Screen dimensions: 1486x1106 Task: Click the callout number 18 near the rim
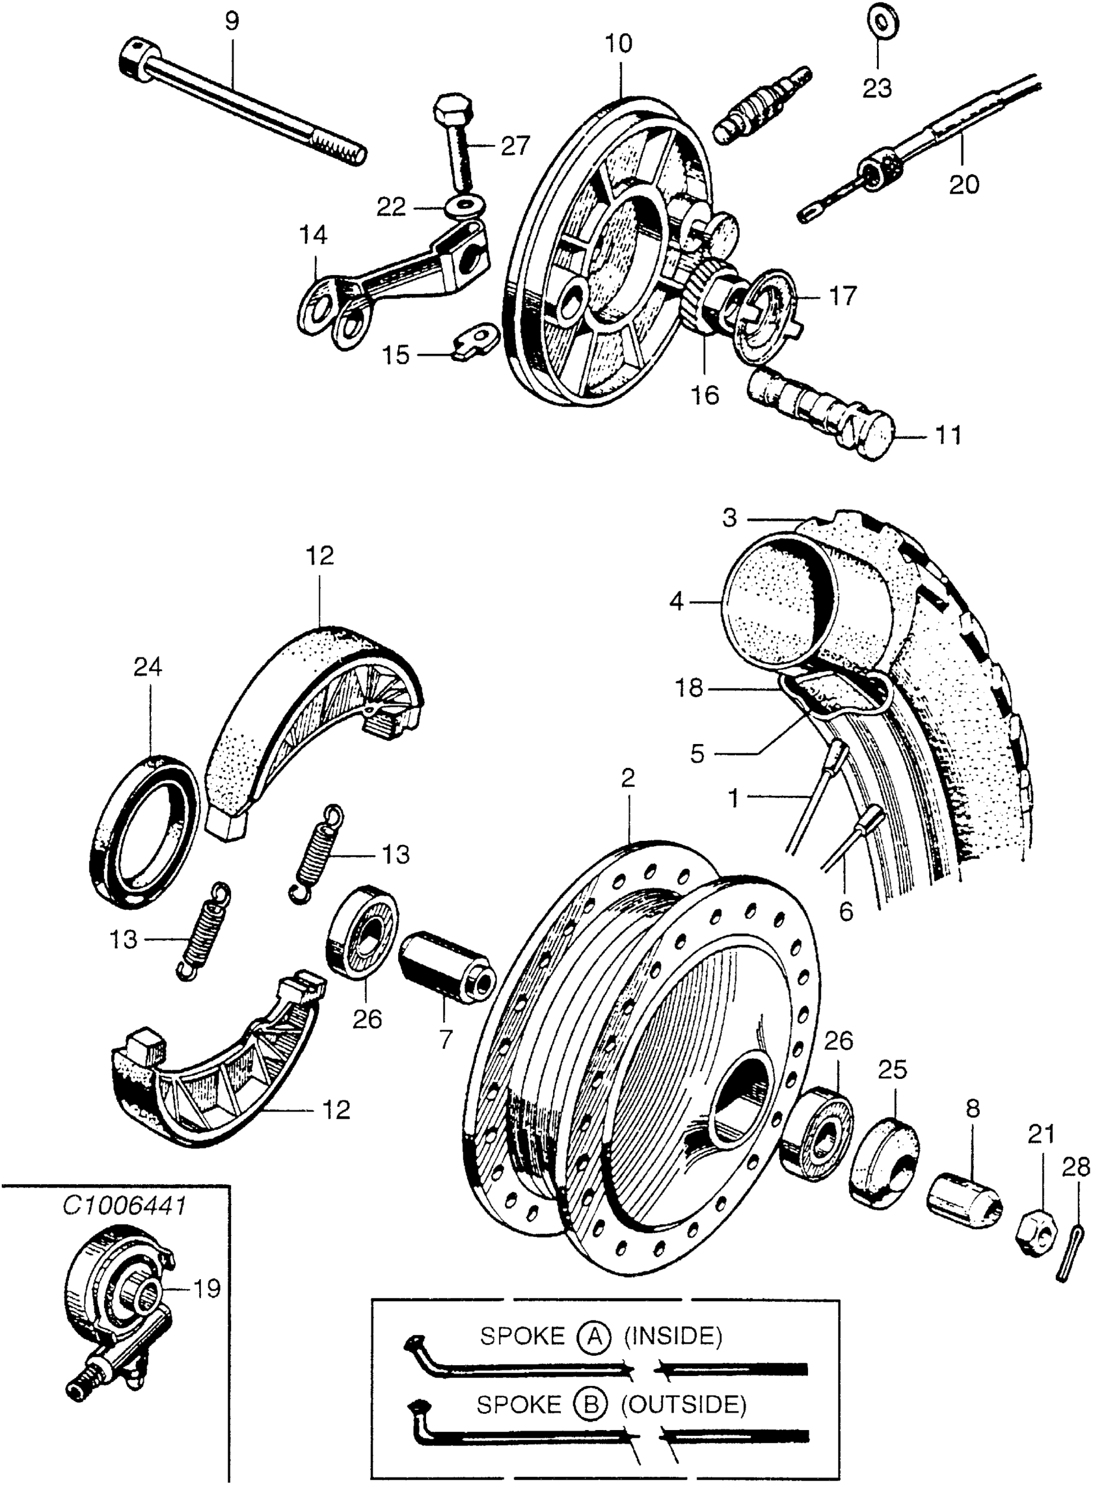(x=689, y=687)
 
